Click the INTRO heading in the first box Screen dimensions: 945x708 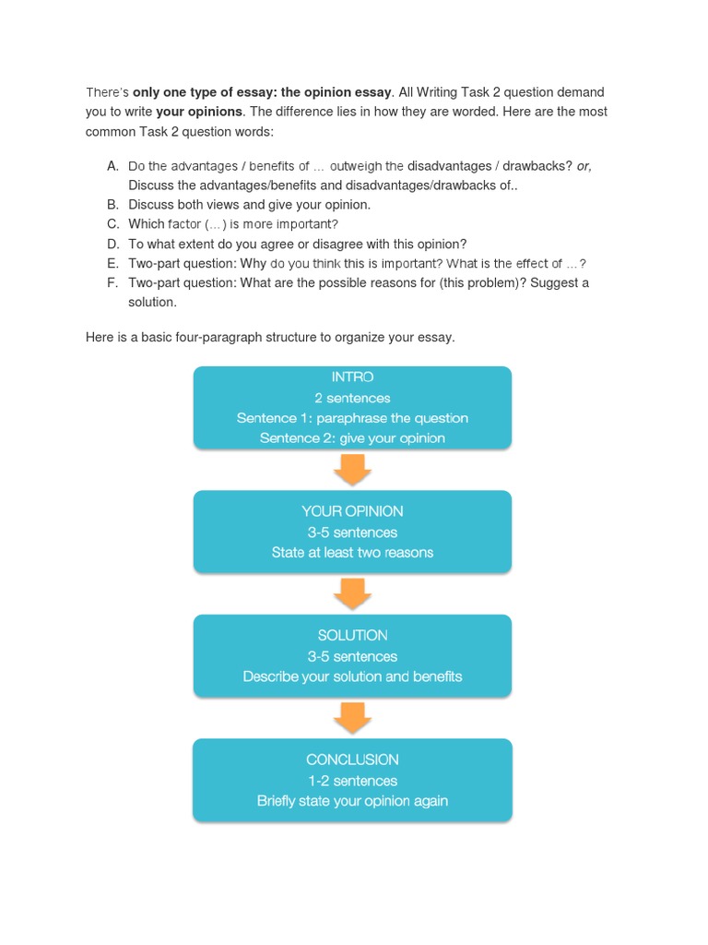tap(352, 377)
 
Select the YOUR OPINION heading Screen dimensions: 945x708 tap(352, 511)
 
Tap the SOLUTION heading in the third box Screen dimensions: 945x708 tap(352, 636)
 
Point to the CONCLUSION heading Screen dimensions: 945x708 tap(352, 760)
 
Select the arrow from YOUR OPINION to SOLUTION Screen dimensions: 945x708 tap(352, 594)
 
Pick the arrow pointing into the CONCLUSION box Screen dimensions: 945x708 tap(352, 718)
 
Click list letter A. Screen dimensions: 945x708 tap(112, 166)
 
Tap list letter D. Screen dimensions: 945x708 tap(112, 244)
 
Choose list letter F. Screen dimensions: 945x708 tap(112, 282)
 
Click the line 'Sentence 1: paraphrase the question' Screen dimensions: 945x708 tap(352, 418)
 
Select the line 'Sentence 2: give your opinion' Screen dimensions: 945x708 tap(352, 438)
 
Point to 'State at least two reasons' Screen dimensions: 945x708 tap(352, 553)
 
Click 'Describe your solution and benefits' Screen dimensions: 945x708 tap(352, 676)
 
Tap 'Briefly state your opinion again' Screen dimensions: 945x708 tap(352, 801)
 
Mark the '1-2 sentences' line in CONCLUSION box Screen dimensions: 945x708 tap(352, 781)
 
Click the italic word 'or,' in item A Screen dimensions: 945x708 tap(584, 166)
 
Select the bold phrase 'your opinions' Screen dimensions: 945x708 tap(199, 112)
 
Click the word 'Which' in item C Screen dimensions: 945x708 tap(146, 224)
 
